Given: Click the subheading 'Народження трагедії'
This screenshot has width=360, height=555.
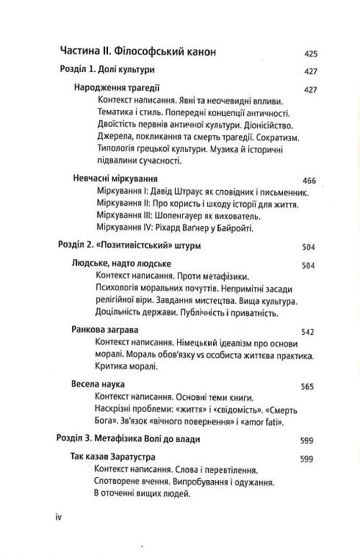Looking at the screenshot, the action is click(117, 89).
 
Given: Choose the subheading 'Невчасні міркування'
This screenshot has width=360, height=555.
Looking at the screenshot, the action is click(117, 178).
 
